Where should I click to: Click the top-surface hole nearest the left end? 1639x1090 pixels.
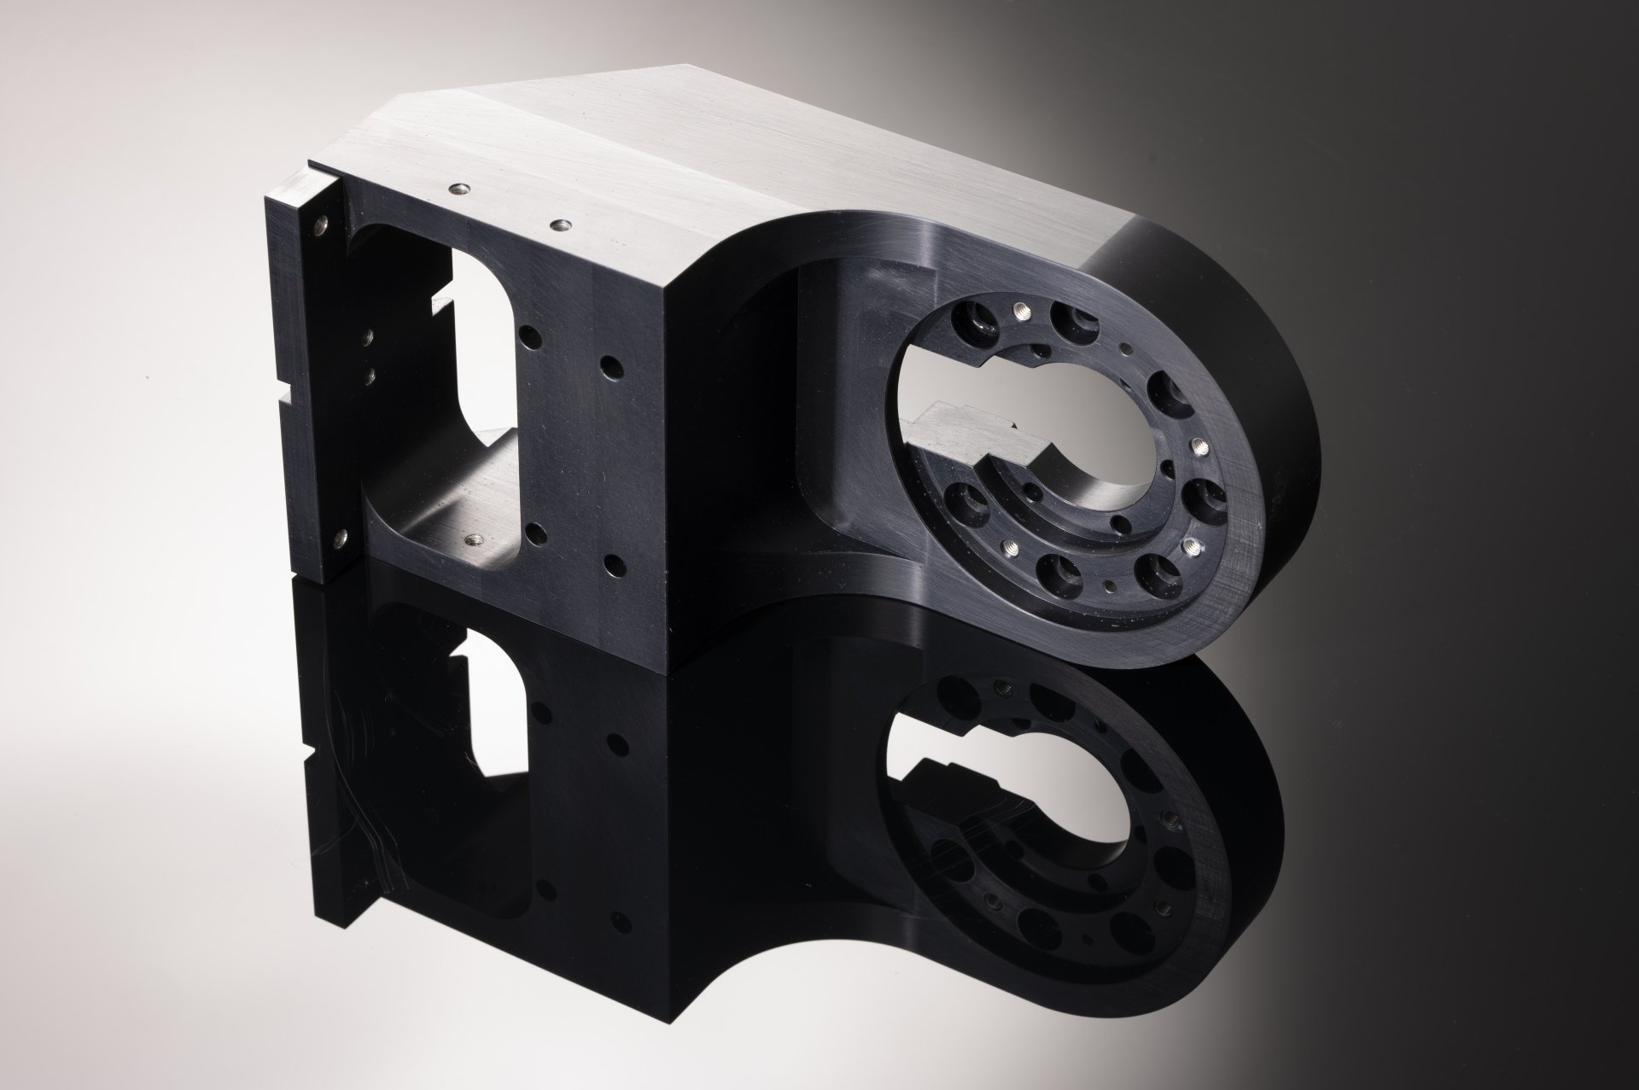pos(459,189)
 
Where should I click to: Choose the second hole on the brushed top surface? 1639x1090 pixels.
pos(561,224)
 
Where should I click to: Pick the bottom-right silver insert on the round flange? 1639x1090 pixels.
pos(1192,545)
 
